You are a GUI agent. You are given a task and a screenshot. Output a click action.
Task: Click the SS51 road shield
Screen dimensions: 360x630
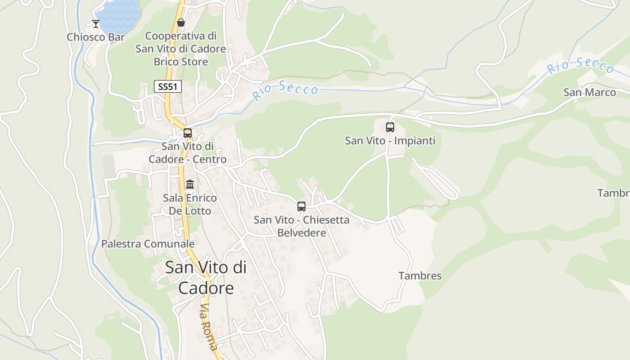[x=168, y=86]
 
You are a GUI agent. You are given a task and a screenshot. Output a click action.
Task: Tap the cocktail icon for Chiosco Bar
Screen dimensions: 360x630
[x=96, y=23]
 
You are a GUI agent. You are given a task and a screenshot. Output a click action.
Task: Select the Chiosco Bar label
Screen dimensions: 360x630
[x=95, y=37]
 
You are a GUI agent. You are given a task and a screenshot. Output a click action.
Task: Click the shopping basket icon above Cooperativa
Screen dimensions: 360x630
[x=181, y=22]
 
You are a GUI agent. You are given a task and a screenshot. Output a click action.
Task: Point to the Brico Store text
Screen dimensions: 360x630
[x=181, y=62]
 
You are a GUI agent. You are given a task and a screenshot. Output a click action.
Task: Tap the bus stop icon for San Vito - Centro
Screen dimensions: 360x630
[x=188, y=133]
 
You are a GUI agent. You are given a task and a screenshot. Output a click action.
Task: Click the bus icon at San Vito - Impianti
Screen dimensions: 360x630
[x=390, y=127]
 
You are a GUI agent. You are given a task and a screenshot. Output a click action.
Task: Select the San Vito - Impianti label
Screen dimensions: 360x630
[x=390, y=141]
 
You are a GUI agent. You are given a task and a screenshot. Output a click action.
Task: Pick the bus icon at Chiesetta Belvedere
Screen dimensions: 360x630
[x=301, y=207]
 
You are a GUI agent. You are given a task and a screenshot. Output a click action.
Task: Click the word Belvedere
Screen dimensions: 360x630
[x=301, y=233]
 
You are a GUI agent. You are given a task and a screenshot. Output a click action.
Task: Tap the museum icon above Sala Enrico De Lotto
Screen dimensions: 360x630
[x=190, y=184]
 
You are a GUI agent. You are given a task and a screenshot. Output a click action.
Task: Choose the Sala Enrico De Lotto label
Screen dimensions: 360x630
[x=190, y=204]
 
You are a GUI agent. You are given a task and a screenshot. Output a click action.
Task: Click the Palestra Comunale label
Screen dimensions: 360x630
[x=148, y=244]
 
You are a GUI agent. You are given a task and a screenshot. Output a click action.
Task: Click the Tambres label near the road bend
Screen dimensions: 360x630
[x=420, y=276]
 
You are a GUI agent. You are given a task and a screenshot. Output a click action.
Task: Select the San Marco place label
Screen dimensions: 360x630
[x=589, y=92]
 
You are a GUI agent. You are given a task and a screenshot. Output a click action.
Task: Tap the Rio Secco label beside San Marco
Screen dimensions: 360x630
[x=580, y=66]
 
